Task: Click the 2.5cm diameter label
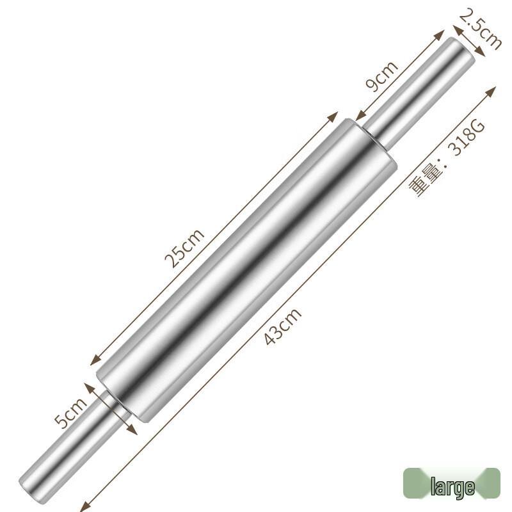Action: point(481,29)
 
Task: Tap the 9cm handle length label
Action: point(381,77)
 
